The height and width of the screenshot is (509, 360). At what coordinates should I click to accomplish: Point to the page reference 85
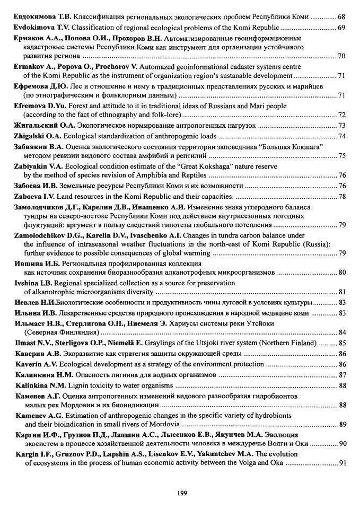pyautogui.click(x=342, y=343)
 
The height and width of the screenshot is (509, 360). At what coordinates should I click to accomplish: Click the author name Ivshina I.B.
pyautogui.click(x=32, y=283)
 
